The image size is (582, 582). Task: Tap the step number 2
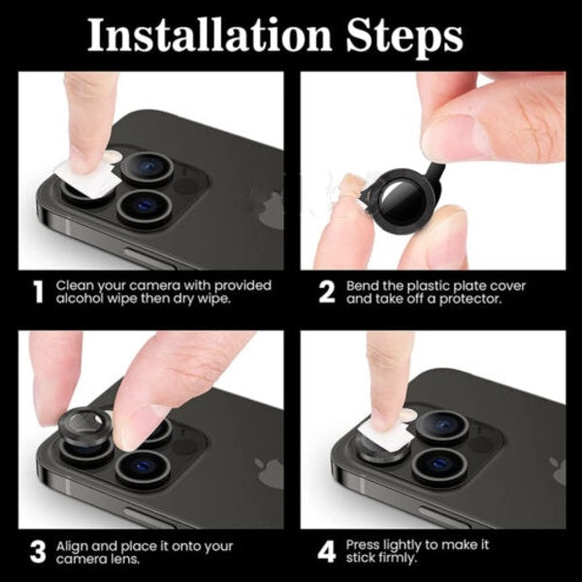(327, 292)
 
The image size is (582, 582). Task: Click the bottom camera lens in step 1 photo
(144, 205)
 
